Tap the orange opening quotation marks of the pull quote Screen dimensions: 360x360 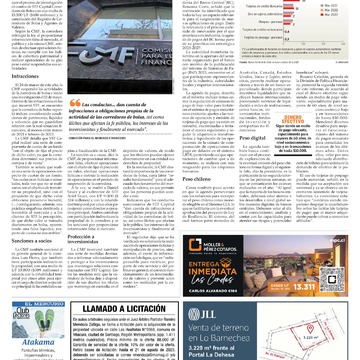click(x=72, y=103)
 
